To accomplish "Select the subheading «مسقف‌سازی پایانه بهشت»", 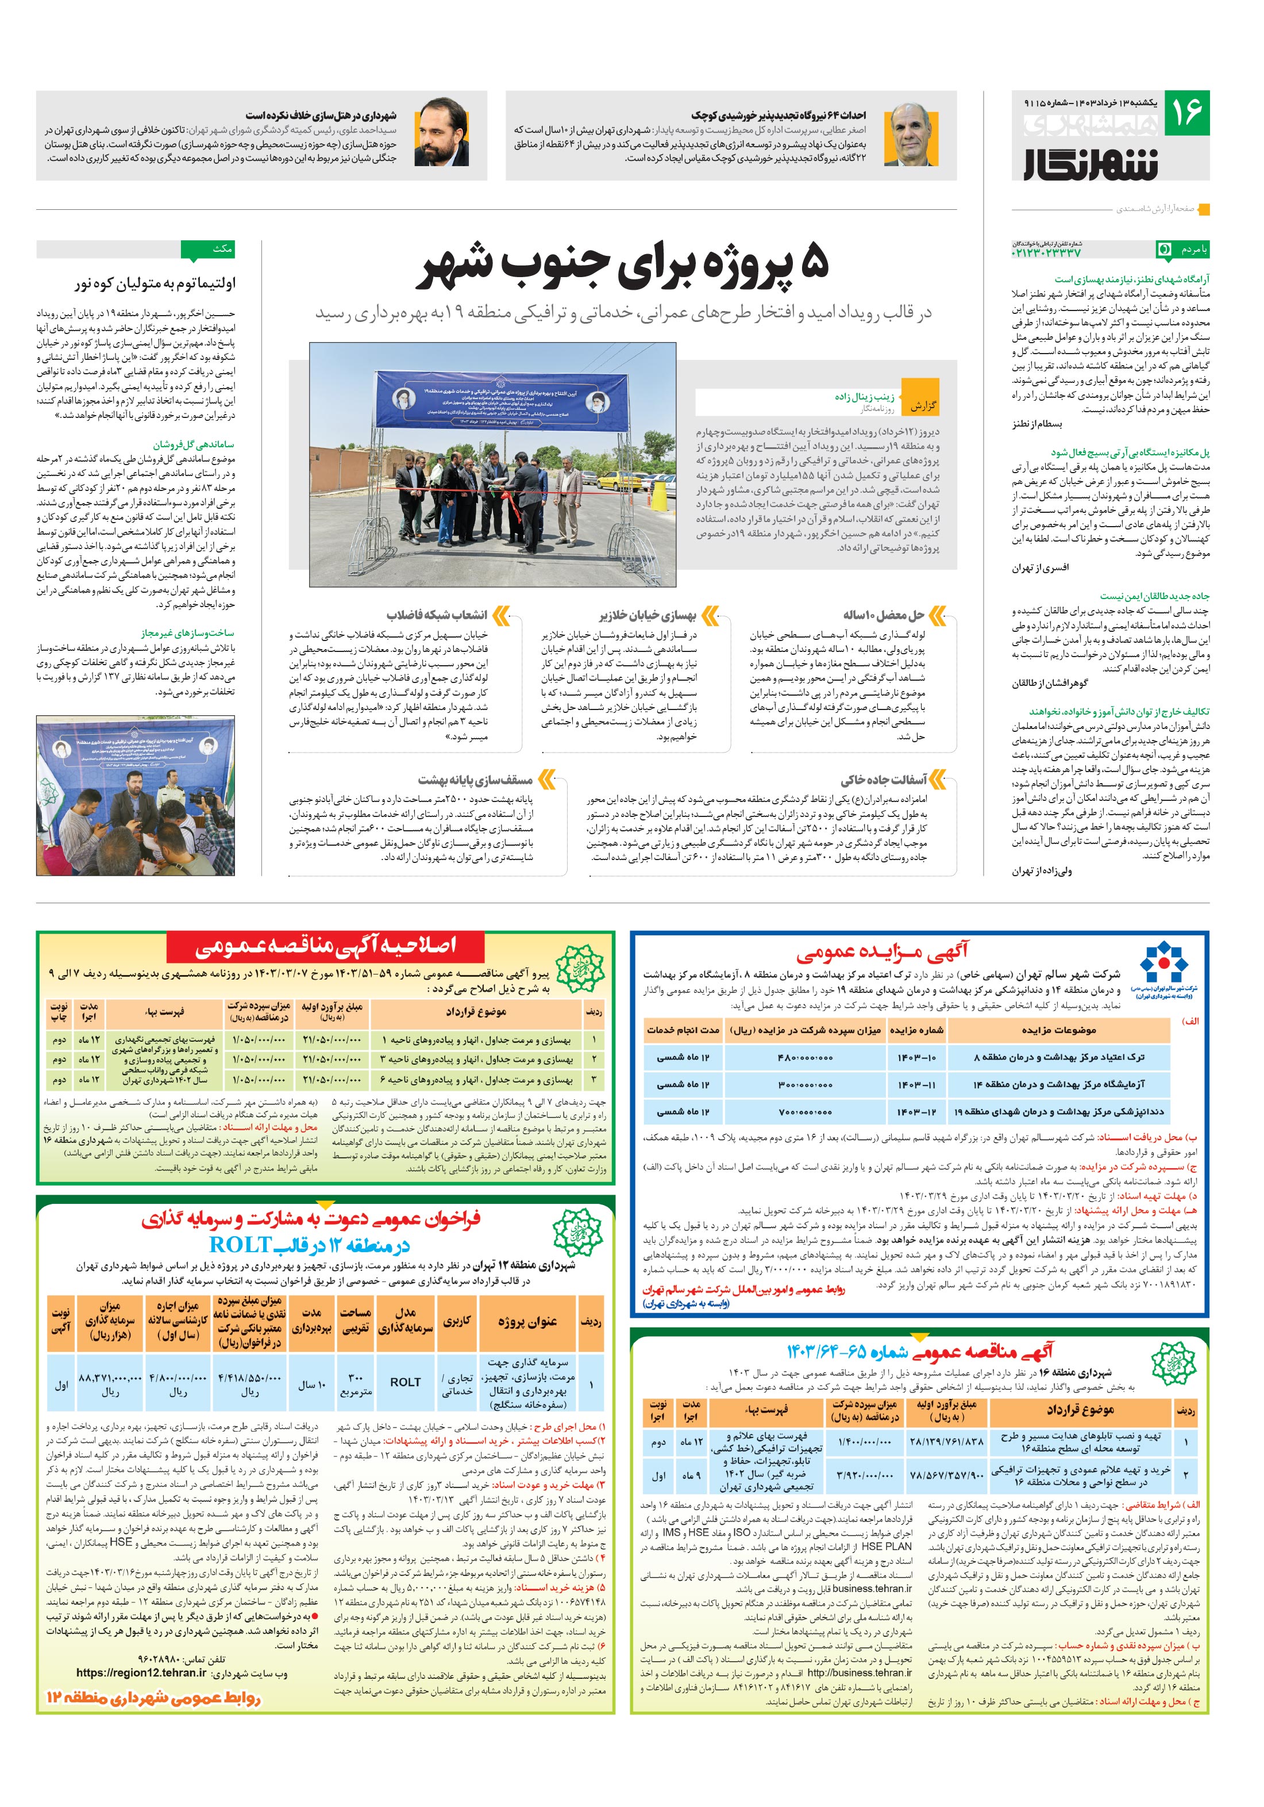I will coord(476,780).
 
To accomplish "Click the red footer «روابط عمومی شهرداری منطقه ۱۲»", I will coord(153,1698).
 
